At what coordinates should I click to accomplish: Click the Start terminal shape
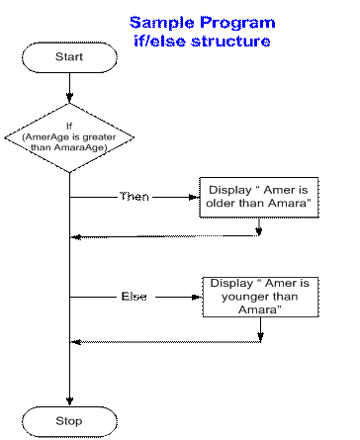69,57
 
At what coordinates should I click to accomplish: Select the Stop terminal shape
69,421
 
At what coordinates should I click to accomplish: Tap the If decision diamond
69,136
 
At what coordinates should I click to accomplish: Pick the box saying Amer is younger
260,296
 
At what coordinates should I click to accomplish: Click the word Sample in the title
161,23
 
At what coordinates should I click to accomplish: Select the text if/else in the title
163,42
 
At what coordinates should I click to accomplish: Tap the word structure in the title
235,42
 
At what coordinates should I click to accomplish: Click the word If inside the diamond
69,126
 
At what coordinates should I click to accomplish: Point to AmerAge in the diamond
45,136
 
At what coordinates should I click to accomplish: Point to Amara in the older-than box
292,204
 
